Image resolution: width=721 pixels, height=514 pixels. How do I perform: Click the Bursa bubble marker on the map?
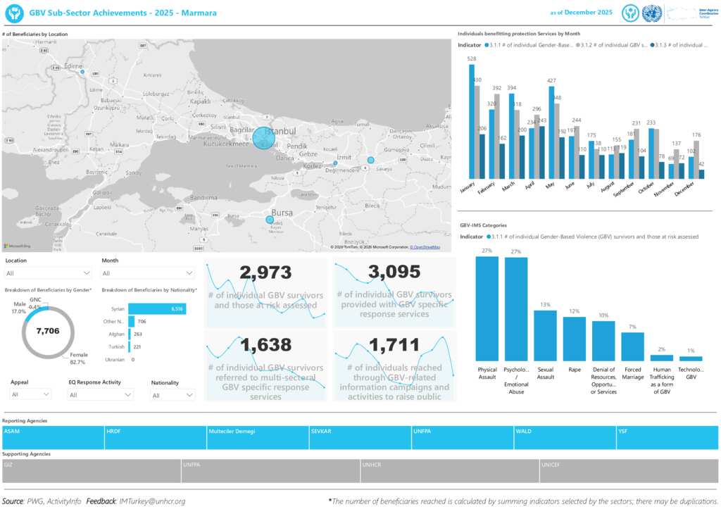pos(270,220)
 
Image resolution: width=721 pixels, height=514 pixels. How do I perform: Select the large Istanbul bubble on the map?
pos(264,138)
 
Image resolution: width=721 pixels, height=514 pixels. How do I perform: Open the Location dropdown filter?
pos(48,273)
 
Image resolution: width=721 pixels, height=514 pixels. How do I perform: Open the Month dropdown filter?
pos(148,273)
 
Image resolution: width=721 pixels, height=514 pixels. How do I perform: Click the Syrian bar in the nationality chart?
pos(157,308)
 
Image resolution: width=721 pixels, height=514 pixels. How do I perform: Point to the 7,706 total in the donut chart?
pos(47,330)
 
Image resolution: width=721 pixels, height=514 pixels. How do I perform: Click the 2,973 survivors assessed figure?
pos(266,272)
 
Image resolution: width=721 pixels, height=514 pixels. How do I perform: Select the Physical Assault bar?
pos(487,308)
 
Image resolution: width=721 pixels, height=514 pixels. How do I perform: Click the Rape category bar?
pos(574,338)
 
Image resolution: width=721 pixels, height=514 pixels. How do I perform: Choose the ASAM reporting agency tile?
pos(53,437)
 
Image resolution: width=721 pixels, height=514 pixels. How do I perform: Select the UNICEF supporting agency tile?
pos(628,471)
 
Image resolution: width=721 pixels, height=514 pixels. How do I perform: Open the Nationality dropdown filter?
pos(173,395)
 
